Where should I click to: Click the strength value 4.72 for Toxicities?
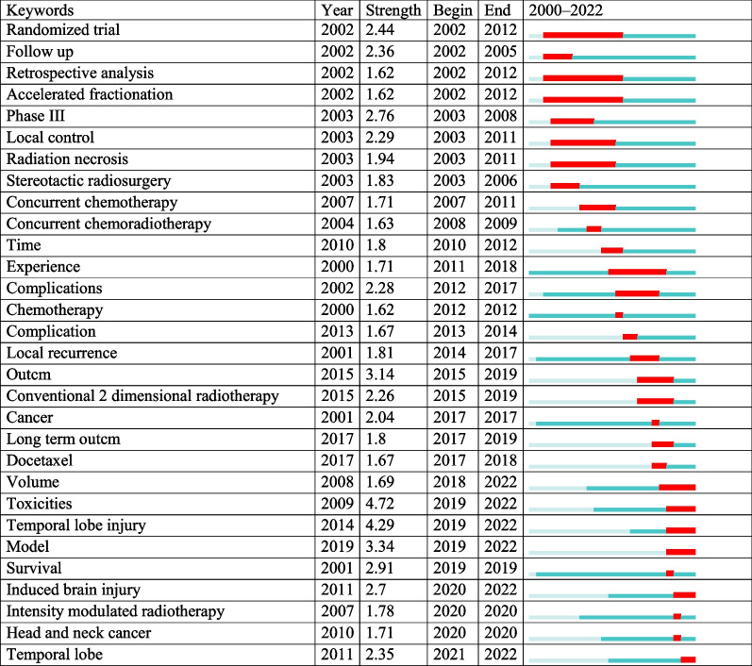point(380,504)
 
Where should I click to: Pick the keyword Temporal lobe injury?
point(75,525)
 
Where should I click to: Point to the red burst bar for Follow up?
point(558,57)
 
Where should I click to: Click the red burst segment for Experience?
point(637,271)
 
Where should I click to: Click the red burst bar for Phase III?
point(572,121)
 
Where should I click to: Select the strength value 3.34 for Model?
point(380,547)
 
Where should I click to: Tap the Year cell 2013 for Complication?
point(337,331)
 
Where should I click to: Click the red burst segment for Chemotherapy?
point(619,314)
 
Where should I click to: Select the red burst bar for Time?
point(611,249)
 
